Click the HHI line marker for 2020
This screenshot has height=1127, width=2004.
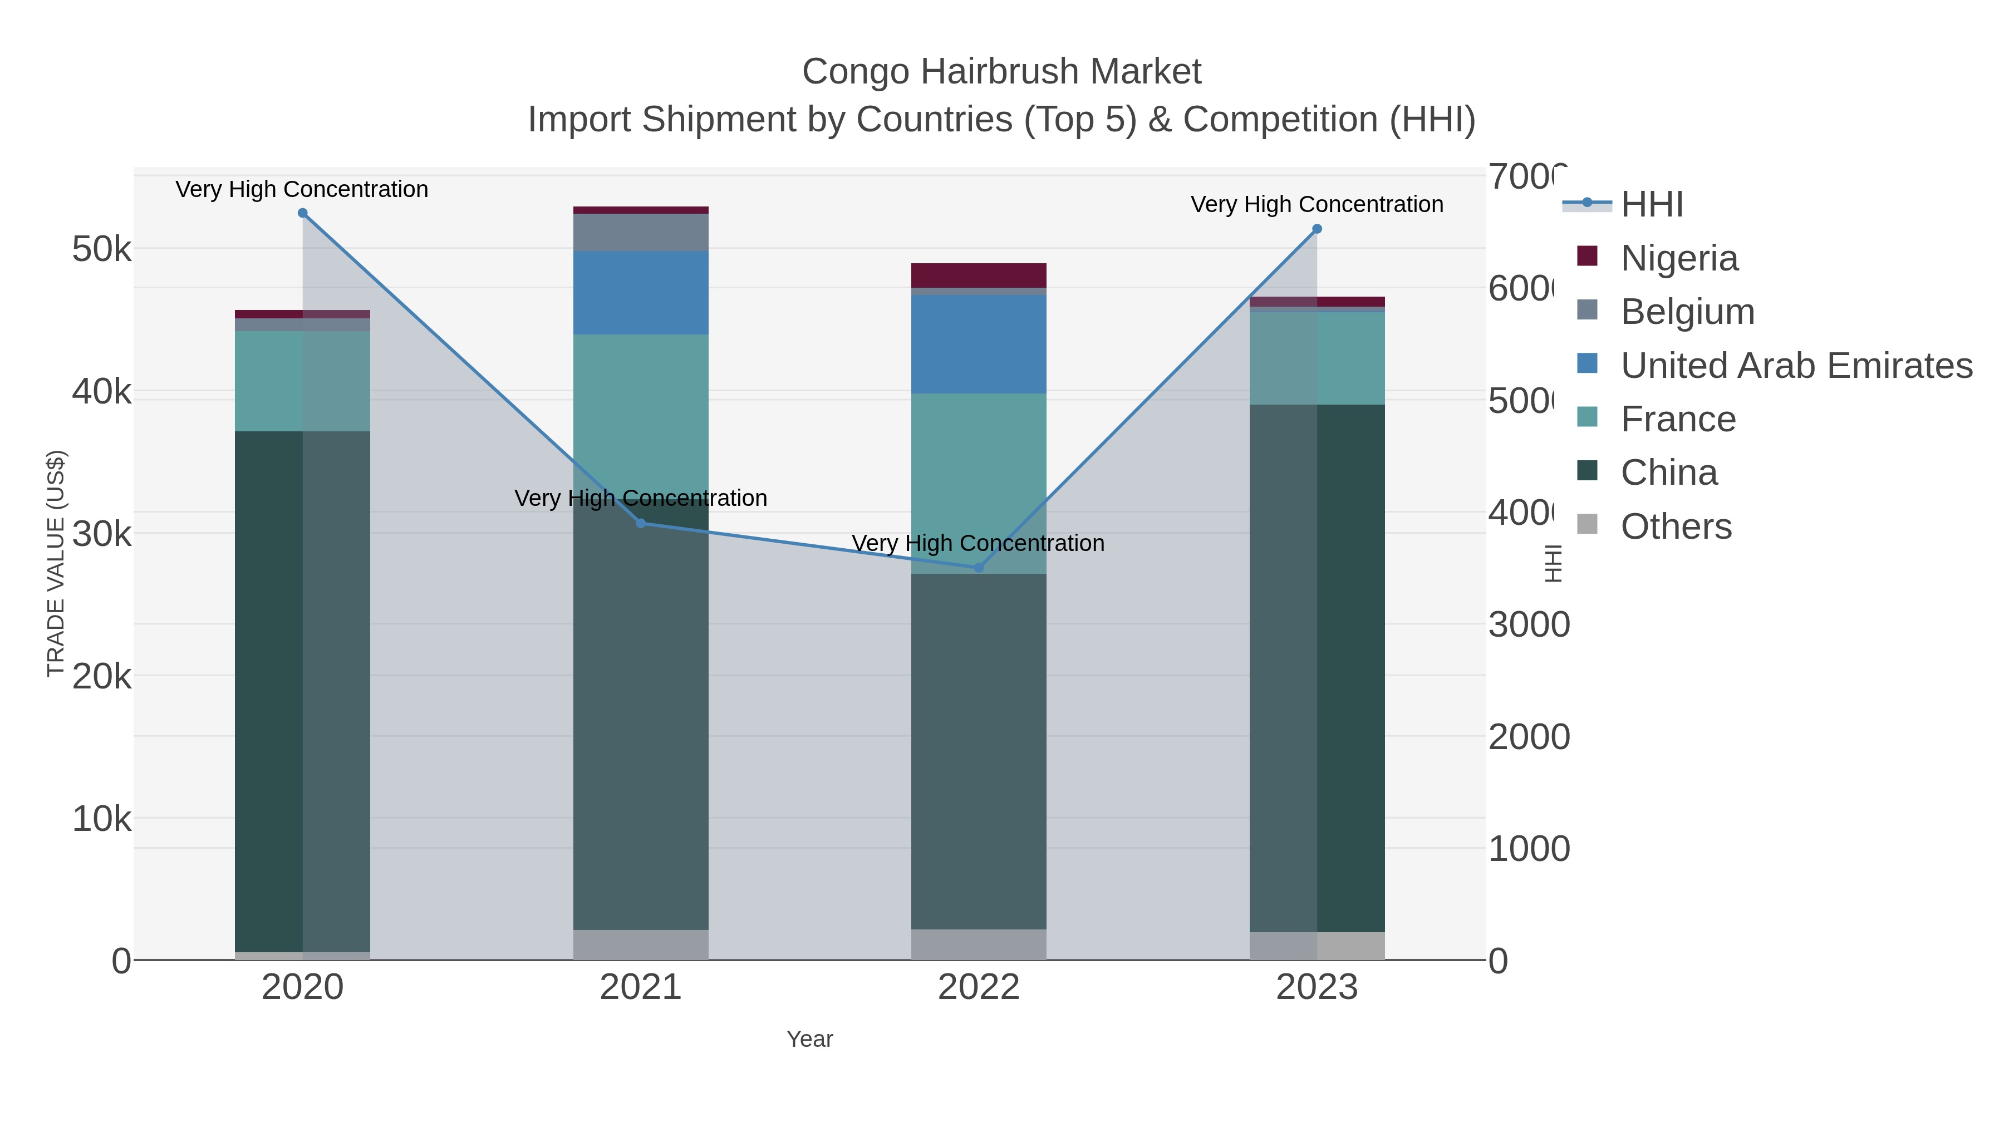(x=303, y=213)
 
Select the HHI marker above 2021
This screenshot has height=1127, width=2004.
(x=641, y=524)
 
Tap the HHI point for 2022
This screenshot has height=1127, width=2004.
(x=979, y=568)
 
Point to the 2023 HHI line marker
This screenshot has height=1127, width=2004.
(x=1317, y=229)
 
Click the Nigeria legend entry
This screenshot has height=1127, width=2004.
(x=1679, y=258)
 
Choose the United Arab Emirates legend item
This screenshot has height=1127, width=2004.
(x=1795, y=366)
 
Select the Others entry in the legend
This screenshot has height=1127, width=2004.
(x=1676, y=526)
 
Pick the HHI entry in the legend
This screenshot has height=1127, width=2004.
(x=1651, y=205)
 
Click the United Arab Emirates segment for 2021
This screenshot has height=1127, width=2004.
(x=641, y=292)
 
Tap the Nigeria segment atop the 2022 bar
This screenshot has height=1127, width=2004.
(x=979, y=275)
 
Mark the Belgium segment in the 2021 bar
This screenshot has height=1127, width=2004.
(x=641, y=232)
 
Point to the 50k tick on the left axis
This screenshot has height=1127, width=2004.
(x=101, y=250)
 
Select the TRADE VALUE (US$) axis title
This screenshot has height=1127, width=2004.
(x=56, y=563)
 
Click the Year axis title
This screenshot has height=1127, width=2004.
(x=810, y=1039)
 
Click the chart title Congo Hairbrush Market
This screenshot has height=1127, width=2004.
(x=1001, y=72)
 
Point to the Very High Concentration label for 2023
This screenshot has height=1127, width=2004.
(x=1317, y=205)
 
